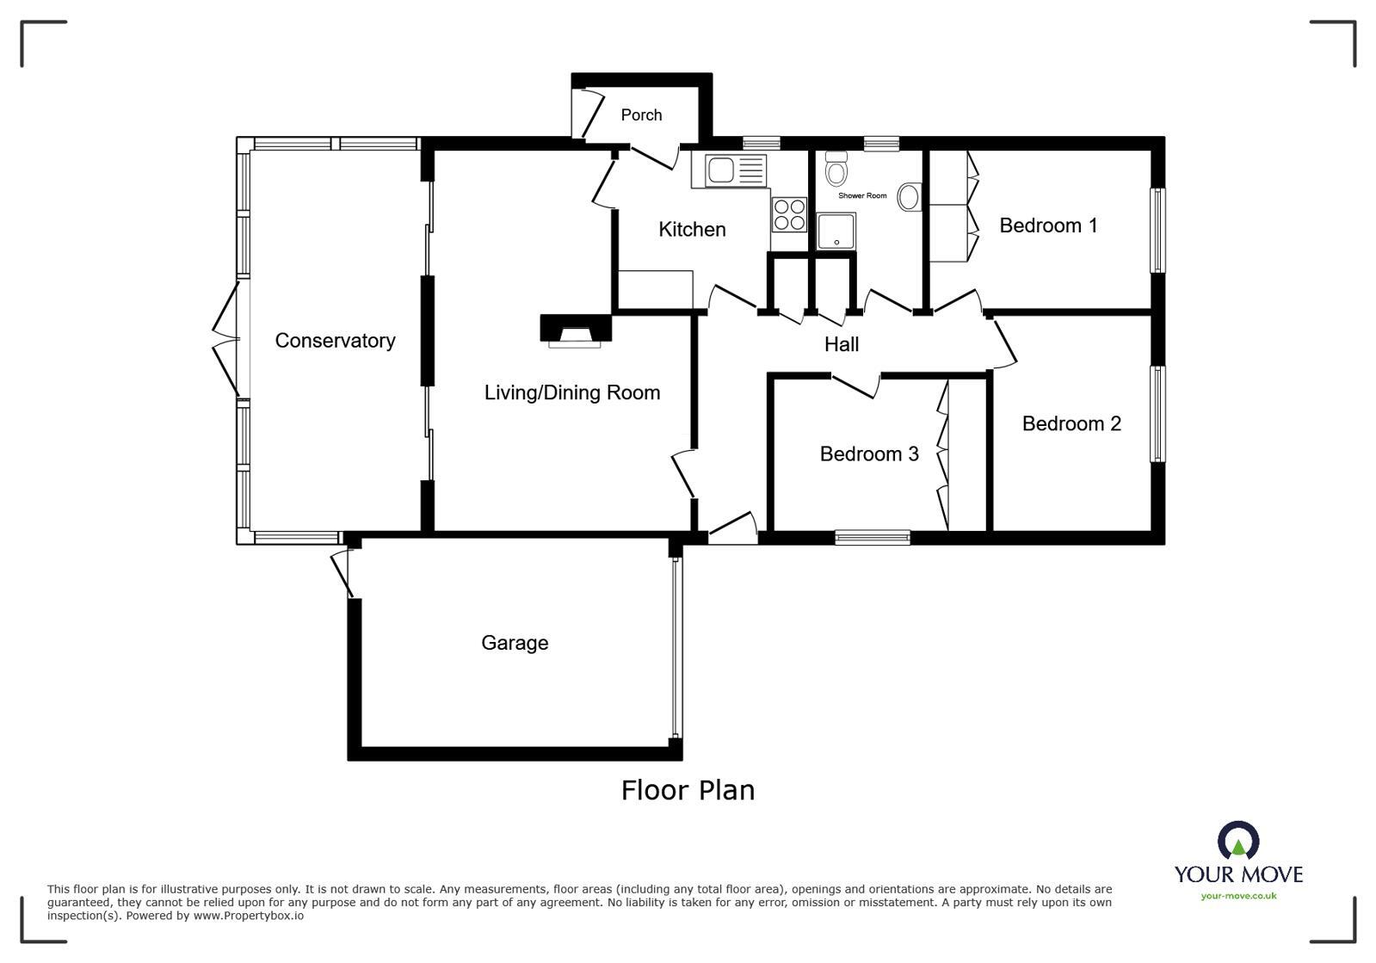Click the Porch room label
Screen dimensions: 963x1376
(x=641, y=114)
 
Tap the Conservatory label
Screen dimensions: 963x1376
(x=335, y=341)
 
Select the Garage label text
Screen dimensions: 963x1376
(x=515, y=643)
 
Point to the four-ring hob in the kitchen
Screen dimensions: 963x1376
(x=788, y=214)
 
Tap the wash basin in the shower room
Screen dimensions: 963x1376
(x=909, y=197)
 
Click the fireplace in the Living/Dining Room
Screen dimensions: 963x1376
(x=576, y=331)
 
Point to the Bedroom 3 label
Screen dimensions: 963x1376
(x=869, y=454)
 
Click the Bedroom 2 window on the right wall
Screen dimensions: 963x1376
(x=1158, y=414)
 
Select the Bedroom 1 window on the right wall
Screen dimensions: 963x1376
(x=1158, y=230)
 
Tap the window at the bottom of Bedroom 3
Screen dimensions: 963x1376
(x=872, y=538)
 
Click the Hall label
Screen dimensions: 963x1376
(x=841, y=344)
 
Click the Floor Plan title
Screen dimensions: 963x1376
(x=688, y=790)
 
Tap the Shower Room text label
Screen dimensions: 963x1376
(x=862, y=196)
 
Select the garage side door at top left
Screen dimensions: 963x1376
(x=342, y=571)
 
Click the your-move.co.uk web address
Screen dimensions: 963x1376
(x=1238, y=896)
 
